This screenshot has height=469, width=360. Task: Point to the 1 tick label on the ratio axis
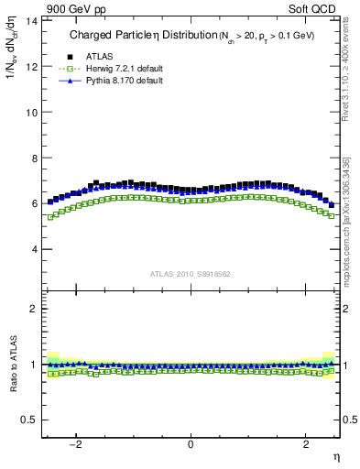point(34,365)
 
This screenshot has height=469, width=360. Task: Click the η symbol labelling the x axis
point(335,455)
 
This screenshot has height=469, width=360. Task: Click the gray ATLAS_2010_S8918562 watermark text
point(190,274)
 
